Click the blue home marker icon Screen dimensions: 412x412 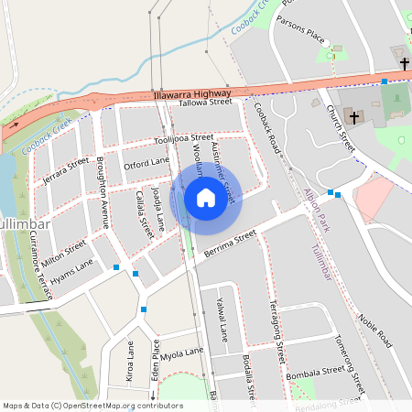tap(206, 198)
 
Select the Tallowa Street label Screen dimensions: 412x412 tap(206, 103)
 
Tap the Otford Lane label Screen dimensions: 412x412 tap(146, 163)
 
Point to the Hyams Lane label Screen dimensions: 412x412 tap(71, 266)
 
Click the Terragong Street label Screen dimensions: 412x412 tap(278, 333)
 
